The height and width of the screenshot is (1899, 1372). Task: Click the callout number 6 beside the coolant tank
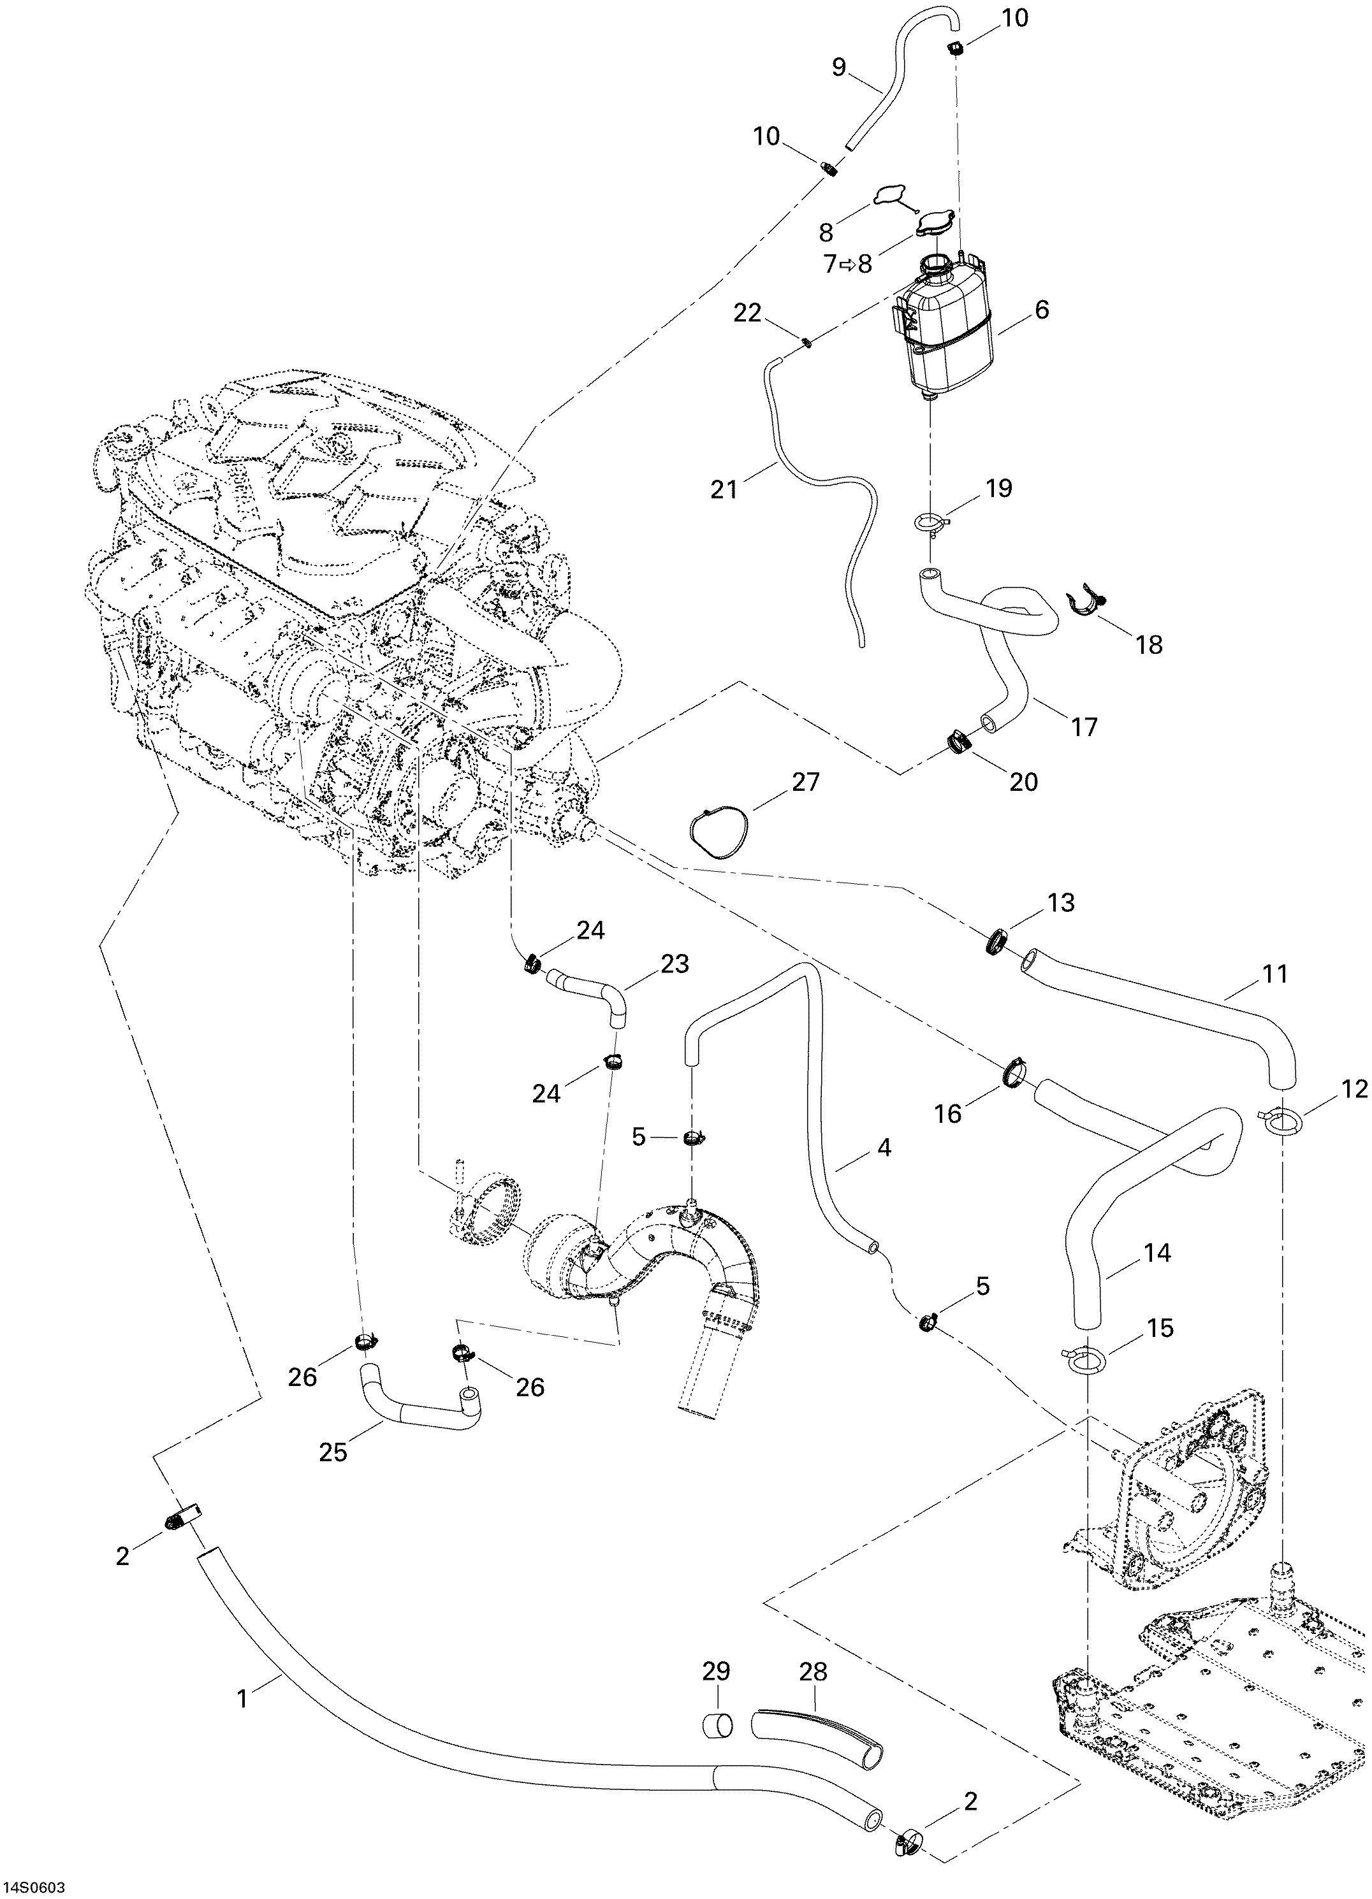1041,310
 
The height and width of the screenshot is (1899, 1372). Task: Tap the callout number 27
806,781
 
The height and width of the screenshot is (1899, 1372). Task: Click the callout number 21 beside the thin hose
724,488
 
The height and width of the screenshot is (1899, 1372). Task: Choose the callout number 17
1084,726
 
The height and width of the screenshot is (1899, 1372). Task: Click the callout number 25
333,1451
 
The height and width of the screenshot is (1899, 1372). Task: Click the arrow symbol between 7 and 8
847,264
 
